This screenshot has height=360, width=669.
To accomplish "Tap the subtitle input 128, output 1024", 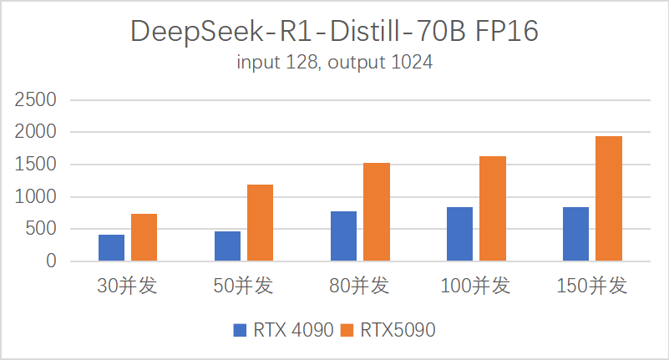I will click(x=334, y=63).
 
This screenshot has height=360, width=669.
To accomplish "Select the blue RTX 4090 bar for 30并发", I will click(x=111, y=248).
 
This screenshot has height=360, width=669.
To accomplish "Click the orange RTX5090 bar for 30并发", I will click(x=144, y=238).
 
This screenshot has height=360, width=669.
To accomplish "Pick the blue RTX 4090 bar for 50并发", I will click(x=227, y=246).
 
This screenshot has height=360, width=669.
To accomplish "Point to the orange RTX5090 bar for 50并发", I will click(x=260, y=223).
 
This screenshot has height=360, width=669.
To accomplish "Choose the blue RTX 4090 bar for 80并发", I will click(x=343, y=236).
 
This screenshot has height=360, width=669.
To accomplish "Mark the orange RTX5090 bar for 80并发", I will click(x=376, y=212).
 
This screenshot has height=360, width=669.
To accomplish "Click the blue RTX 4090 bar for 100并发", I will click(x=459, y=234).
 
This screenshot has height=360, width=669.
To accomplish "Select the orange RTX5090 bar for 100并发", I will click(x=492, y=209).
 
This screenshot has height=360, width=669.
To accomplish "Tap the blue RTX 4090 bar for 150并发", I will click(x=575, y=234).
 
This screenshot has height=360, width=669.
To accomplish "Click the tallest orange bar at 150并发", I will click(x=608, y=199).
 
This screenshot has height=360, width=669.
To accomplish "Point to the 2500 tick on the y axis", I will click(x=37, y=100).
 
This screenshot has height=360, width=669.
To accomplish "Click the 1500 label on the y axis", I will click(x=37, y=165).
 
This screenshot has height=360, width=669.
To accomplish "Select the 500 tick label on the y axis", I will click(x=43, y=229).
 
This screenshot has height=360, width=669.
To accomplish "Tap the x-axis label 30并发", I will click(x=127, y=286).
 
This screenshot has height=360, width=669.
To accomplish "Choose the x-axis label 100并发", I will click(x=475, y=286).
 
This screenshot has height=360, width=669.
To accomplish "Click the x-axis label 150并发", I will click(x=591, y=286).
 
